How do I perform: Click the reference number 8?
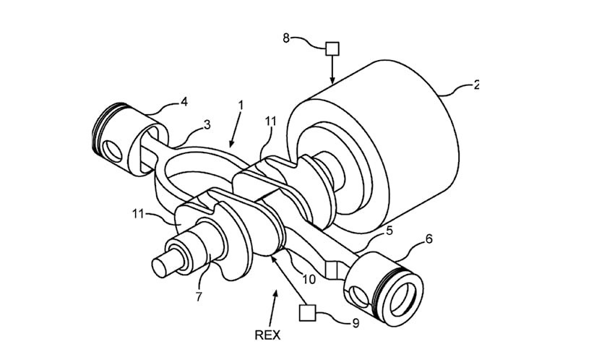pos(286,38)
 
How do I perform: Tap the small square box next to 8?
pos(332,48)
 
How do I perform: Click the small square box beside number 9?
pos(306,312)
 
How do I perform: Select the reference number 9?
pos(356,323)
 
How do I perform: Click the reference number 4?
pos(184,102)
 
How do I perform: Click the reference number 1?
pos(241,106)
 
